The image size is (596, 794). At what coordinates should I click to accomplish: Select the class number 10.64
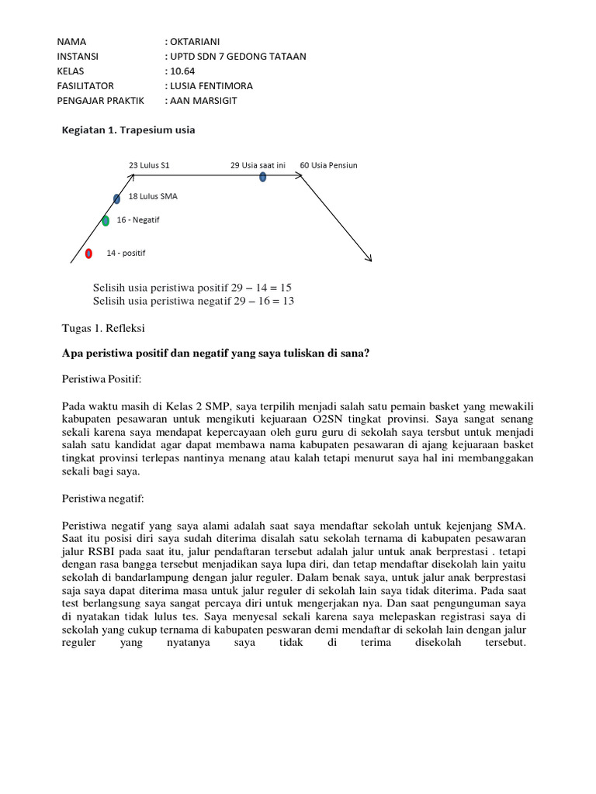coord(184,71)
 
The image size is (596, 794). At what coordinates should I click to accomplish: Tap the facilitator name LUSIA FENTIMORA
coord(213,85)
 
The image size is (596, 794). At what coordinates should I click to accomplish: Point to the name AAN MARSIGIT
coord(204,101)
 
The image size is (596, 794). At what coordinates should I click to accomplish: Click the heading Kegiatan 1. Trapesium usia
coord(128,130)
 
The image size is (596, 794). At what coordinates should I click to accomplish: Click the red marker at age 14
coord(88,254)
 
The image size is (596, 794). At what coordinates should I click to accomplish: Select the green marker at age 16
coord(106,221)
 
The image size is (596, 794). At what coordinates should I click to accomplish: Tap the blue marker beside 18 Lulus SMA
coord(116,199)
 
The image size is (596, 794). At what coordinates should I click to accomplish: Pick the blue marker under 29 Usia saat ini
coord(262,177)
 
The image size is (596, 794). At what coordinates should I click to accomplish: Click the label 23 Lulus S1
coord(149,165)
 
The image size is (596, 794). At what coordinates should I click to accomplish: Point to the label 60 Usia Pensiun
coord(328,165)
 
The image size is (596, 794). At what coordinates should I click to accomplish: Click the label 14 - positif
coord(126,254)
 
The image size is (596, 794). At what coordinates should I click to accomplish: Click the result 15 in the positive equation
coord(285,287)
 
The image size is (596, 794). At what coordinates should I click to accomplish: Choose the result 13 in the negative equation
coord(287,300)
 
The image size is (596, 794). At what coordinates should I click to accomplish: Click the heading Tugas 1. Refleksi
coord(102,328)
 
